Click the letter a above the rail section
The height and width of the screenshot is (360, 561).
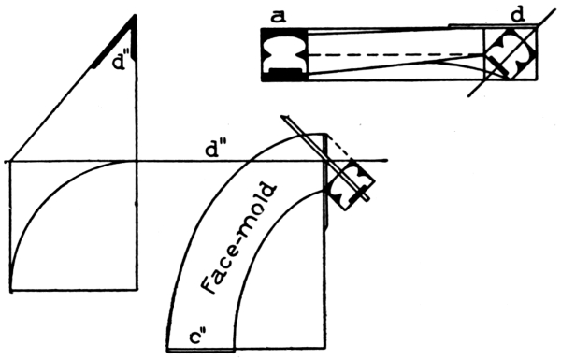pos(279,17)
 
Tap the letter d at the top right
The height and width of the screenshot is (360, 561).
pos(518,15)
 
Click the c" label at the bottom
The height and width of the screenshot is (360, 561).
pos(197,338)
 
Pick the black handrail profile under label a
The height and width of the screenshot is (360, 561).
pos(284,54)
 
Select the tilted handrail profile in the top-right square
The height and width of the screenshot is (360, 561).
pos(511,52)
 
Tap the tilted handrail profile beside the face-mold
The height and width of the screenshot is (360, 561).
pos(350,184)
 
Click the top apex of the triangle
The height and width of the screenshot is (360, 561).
pos(136,15)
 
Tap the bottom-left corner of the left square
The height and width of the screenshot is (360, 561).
pos(11,290)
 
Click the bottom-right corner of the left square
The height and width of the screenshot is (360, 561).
pos(137,290)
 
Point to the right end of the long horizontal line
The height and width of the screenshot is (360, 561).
pos(387,160)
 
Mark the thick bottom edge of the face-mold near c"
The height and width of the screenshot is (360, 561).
pos(200,350)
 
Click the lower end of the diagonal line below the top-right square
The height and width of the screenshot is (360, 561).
pos(469,96)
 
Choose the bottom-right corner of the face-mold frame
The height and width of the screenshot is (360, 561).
pos(324,348)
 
